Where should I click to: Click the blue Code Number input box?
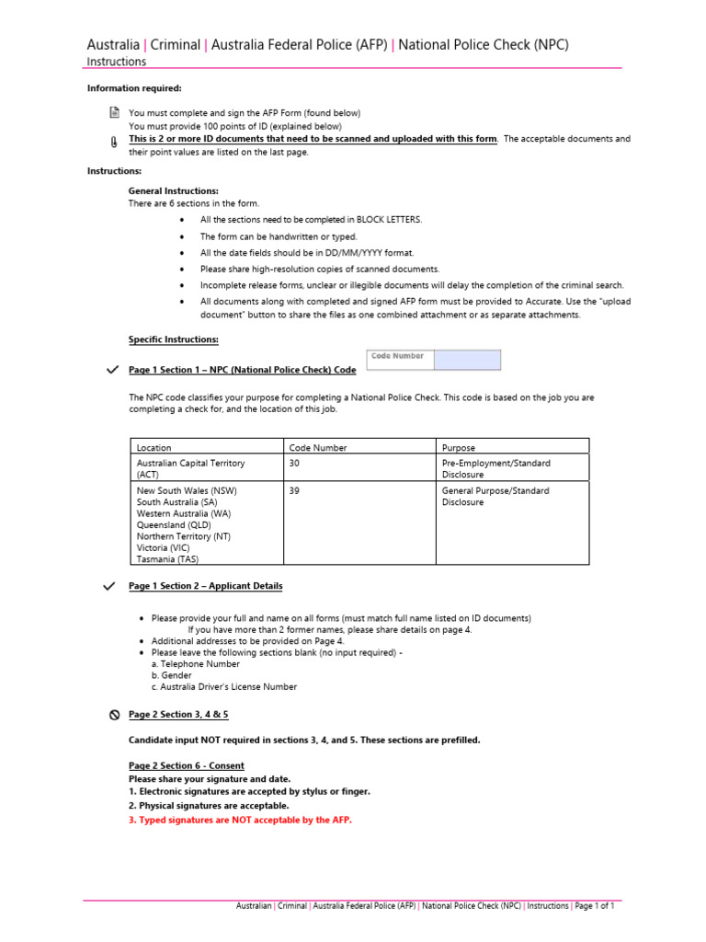pyautogui.click(x=467, y=360)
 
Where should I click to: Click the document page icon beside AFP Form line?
pyautogui.click(x=114, y=112)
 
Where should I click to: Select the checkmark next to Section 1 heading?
pyautogui.click(x=112, y=370)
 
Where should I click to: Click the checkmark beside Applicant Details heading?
pyautogui.click(x=112, y=586)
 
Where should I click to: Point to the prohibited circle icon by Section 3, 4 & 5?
pyautogui.click(x=114, y=715)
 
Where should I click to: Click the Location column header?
pyautogui.click(x=154, y=448)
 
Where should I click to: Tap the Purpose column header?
pyautogui.click(x=459, y=448)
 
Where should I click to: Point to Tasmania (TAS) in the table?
pyautogui.click(x=167, y=558)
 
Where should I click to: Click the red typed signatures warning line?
pyautogui.click(x=240, y=820)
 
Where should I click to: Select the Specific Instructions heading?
pyautogui.click(x=173, y=339)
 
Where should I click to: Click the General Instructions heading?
pyautogui.click(x=173, y=190)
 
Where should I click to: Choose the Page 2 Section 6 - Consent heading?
pyautogui.click(x=187, y=765)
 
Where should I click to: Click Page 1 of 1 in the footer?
pyautogui.click(x=594, y=906)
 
